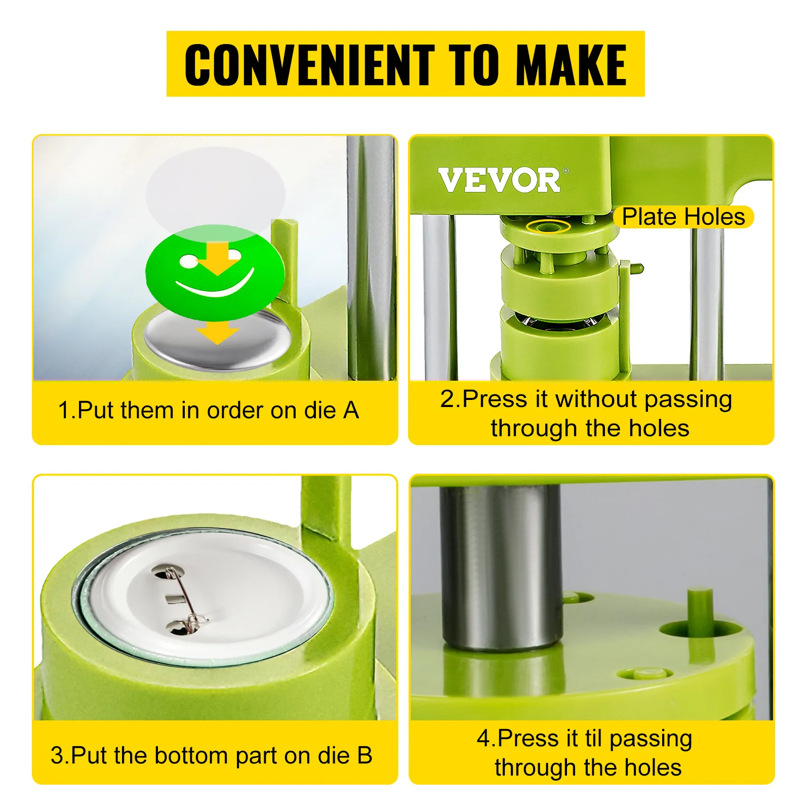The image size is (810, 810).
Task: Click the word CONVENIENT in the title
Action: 310,64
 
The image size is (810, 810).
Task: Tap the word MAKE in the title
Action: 571,64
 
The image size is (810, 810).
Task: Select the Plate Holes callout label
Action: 683,217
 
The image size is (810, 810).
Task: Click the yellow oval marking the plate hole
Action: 548,225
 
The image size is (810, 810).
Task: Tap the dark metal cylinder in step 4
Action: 500,567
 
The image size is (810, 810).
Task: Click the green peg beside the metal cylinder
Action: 700,611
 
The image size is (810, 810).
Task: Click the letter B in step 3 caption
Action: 364,755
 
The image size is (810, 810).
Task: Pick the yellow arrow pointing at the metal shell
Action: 218,333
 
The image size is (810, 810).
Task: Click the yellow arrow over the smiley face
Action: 217,259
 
